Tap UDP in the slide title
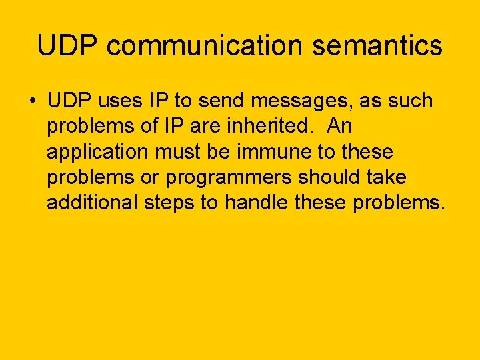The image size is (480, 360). point(67,46)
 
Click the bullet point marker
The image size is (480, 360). point(32,102)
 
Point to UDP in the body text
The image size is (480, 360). point(70,101)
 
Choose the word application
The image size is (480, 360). point(98,152)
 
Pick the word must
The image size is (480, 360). point(176,152)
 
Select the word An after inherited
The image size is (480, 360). point(340,127)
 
